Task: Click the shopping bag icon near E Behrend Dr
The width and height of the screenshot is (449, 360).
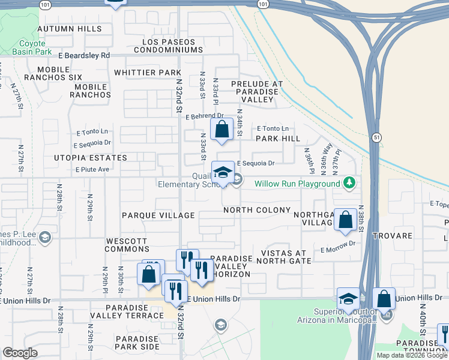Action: point(221,129)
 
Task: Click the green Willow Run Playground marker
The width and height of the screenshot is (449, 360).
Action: point(349,183)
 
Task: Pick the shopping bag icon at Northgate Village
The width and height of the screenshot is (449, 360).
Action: point(346,220)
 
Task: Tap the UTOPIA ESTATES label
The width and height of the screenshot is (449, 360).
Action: point(90,158)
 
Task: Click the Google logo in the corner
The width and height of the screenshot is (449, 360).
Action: point(20,353)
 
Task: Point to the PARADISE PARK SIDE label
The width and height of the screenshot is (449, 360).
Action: point(133,343)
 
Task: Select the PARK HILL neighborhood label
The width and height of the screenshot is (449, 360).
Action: point(277,139)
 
